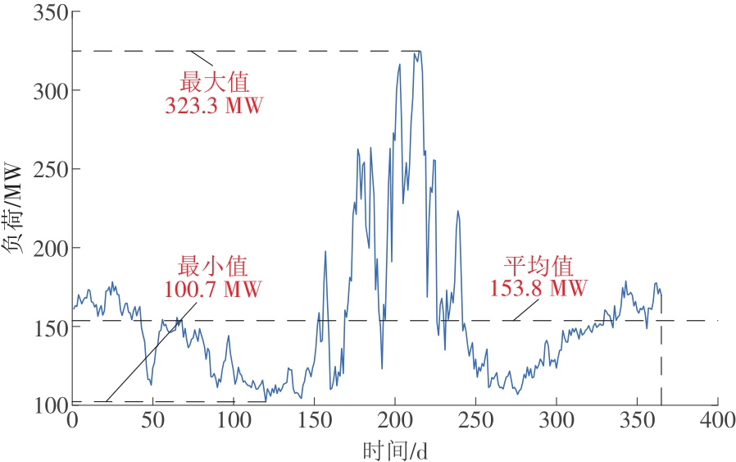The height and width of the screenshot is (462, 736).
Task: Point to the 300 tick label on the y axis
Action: [48, 90]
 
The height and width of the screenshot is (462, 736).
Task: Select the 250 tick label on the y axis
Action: [48, 169]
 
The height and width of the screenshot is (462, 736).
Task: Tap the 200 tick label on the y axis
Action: [48, 248]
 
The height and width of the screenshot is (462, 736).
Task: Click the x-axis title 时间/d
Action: [395, 449]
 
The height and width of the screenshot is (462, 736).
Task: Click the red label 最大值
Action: [214, 82]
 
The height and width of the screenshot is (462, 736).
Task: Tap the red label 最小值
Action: [213, 267]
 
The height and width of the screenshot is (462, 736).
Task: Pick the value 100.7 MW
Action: [213, 290]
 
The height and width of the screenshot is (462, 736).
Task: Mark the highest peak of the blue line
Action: [419, 52]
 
